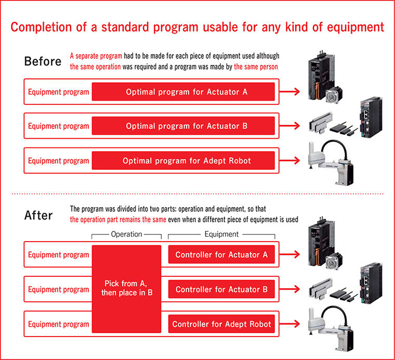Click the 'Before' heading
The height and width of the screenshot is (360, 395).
point(43,61)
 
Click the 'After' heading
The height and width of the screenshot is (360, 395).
point(38,216)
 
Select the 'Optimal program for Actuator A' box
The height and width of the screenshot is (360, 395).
point(183,91)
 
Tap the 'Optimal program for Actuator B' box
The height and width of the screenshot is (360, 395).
point(183,126)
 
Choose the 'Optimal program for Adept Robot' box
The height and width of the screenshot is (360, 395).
point(183,161)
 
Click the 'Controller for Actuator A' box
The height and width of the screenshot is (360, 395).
point(221,255)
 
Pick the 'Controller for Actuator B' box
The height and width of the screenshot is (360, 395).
point(221,289)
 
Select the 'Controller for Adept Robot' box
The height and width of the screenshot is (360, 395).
point(221,324)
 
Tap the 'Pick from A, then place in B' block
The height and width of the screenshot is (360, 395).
point(126,289)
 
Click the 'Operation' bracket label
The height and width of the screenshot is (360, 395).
point(126,234)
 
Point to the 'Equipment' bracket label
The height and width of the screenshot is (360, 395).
point(221,234)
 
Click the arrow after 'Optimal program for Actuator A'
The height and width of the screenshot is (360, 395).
point(289,91)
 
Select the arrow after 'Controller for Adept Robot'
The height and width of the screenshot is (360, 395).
point(289,324)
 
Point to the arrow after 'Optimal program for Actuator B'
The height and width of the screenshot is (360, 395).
point(289,126)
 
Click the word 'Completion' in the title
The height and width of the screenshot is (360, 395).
point(41,27)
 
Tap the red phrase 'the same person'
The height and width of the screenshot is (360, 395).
point(256,66)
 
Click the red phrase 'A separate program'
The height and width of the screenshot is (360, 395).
point(96,56)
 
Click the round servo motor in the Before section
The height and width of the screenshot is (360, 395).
point(334,95)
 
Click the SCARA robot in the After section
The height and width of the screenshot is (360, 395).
point(331,328)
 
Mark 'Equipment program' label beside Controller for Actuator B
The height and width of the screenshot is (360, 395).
point(58,289)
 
